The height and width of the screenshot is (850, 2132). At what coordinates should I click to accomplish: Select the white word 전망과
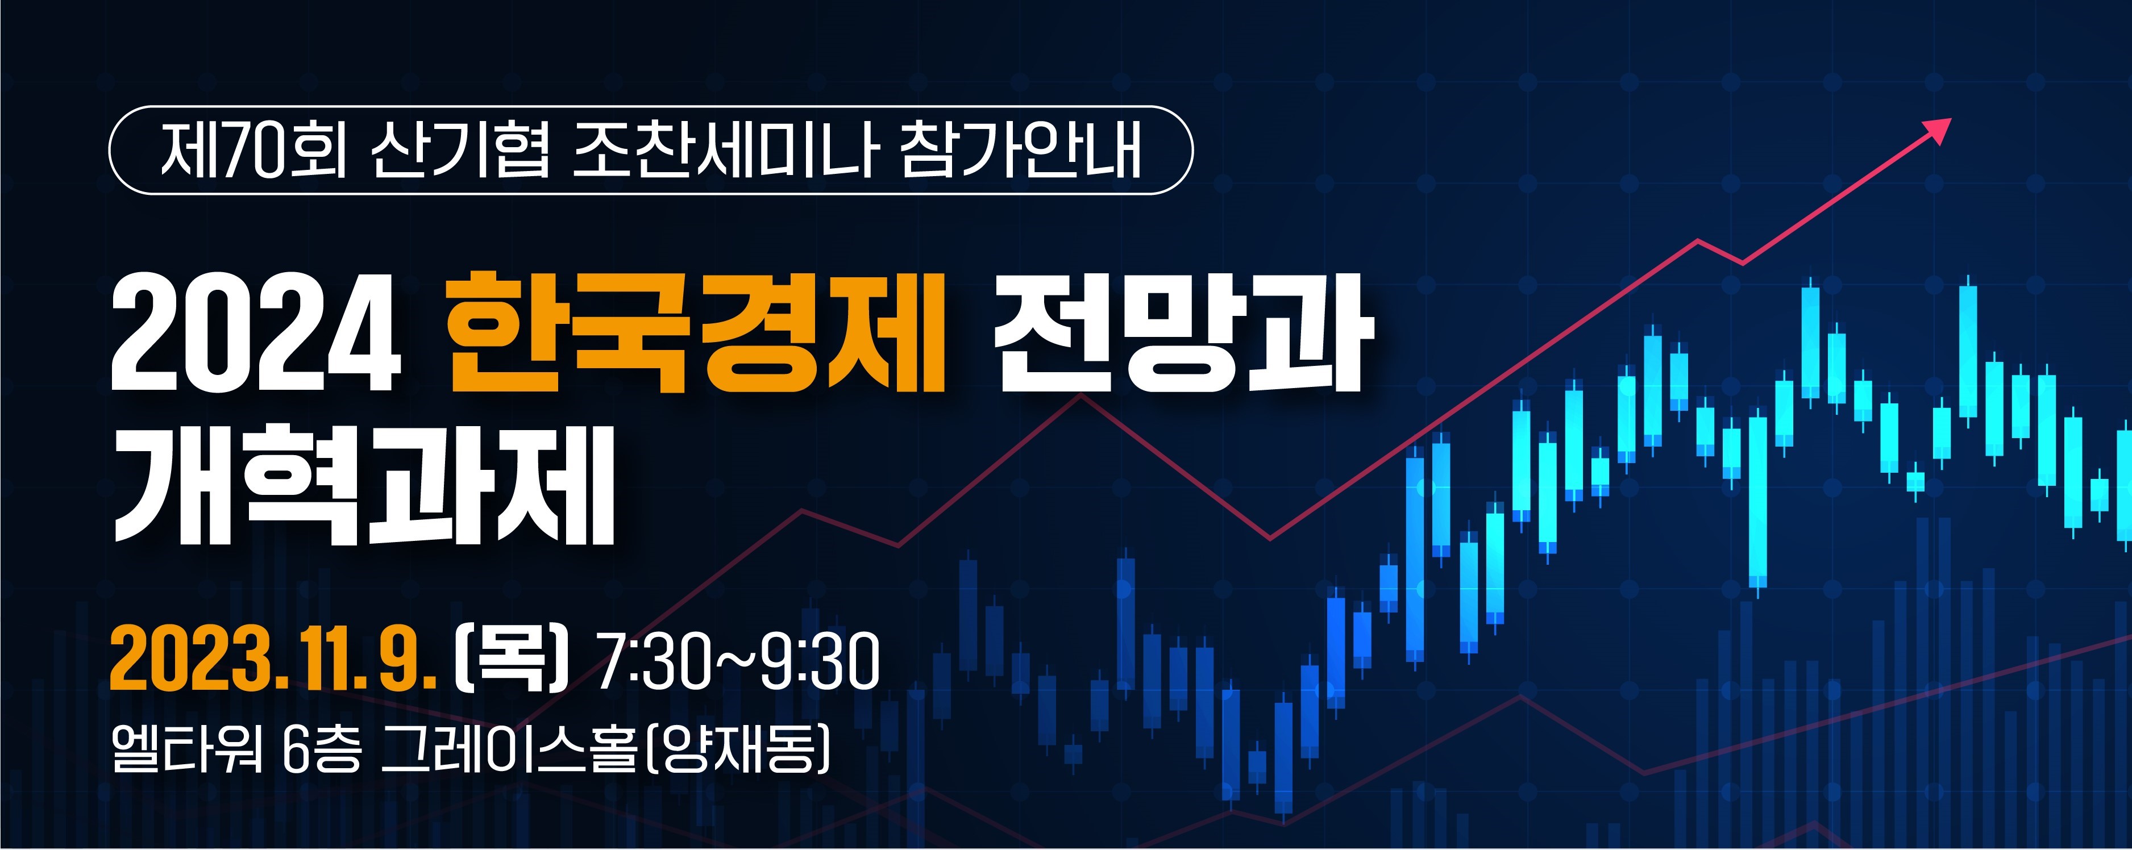click(1183, 334)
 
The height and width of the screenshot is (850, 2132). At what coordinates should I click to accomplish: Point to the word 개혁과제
click(364, 485)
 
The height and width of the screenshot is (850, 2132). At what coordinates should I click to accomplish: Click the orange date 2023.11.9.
click(273, 660)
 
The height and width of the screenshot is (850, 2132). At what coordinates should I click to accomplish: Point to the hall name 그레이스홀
click(509, 748)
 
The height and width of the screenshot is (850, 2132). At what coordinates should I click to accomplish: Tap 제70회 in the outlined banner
click(253, 151)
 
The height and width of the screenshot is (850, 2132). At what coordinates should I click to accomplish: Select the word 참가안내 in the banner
click(1020, 151)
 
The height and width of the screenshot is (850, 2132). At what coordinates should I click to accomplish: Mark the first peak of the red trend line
click(1080, 395)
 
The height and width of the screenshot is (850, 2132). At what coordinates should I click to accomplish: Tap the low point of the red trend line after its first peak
click(1270, 539)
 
